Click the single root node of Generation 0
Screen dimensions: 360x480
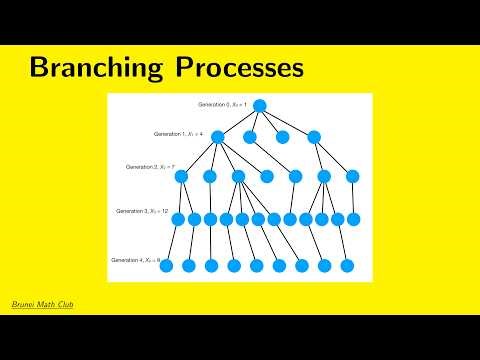(259, 105)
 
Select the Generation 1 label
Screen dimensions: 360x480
(181, 133)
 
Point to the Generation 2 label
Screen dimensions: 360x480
(151, 167)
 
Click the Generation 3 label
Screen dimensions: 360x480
(142, 212)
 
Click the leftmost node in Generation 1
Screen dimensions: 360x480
(218, 137)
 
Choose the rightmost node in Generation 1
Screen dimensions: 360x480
(314, 137)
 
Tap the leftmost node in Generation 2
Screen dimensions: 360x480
(181, 177)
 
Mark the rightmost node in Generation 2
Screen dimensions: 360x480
(352, 177)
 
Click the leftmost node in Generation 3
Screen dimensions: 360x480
(178, 219)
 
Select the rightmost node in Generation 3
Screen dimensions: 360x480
(353, 219)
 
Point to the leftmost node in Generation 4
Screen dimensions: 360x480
(166, 266)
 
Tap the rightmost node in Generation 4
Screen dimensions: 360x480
(347, 266)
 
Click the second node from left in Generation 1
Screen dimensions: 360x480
(250, 137)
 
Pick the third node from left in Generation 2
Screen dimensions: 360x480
(238, 177)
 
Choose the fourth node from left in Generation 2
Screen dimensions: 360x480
(266, 177)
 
